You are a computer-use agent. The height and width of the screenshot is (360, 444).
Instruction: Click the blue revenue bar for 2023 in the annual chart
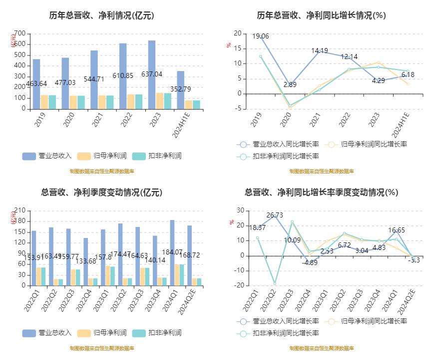point(151,75)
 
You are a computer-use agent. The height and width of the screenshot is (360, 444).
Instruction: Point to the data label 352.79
point(181,89)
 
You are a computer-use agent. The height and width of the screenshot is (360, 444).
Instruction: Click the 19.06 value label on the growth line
point(260,36)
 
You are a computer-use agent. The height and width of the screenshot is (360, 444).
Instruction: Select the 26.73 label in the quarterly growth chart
point(275,215)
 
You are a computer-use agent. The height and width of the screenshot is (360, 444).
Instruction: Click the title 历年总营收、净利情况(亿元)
point(101,15)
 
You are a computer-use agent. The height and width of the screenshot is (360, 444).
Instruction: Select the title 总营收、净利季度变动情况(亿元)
point(101,192)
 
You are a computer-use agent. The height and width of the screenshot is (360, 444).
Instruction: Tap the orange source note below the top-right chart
point(321,171)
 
